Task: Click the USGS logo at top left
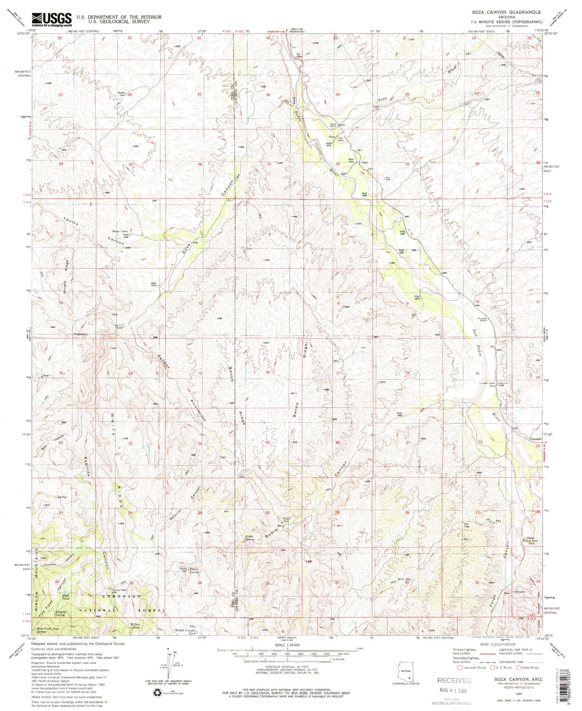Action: (52, 19)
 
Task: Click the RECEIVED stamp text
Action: (454, 681)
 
